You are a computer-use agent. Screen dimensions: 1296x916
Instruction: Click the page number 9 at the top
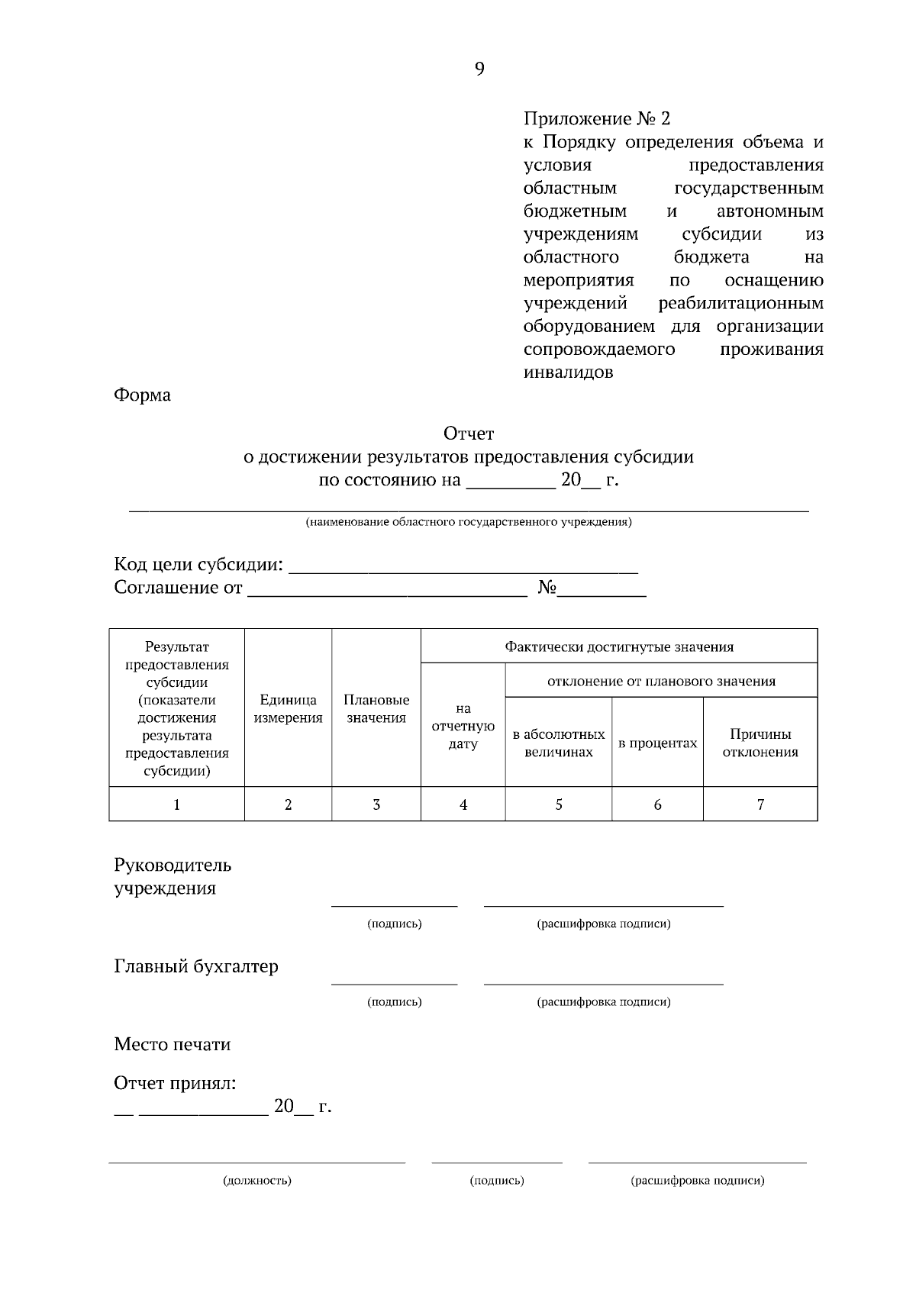coord(479,69)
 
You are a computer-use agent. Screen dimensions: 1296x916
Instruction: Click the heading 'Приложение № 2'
coord(596,119)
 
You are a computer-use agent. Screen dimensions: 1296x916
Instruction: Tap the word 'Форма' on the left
coord(142,395)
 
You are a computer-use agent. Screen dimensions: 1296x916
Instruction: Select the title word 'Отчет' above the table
coord(469,434)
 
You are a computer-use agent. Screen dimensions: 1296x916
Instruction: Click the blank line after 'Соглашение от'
coord(387,589)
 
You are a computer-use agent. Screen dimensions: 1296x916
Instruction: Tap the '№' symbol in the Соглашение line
coord(547,588)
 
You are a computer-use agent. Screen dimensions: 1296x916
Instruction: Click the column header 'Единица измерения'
coord(288,709)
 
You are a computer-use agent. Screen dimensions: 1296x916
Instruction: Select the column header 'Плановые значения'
coord(376,709)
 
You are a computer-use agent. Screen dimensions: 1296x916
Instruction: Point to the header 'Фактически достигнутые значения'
coord(619,647)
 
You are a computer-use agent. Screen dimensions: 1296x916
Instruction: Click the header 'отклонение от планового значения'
coord(661,682)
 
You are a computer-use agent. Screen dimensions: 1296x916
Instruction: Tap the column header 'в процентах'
coord(657,743)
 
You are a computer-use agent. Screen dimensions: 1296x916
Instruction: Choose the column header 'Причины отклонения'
coord(760,743)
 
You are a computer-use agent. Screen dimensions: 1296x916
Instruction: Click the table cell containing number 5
coord(559,804)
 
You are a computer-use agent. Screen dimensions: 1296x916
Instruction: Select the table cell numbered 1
coord(177,804)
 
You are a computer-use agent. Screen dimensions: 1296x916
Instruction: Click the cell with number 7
coord(760,804)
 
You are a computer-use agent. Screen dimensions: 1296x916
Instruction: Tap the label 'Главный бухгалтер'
coord(196,967)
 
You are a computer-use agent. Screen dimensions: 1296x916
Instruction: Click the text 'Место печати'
coord(172,1045)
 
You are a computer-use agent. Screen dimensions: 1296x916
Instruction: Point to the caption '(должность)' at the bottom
coord(257,1181)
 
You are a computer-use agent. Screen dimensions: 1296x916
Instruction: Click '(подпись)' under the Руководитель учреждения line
coord(394,924)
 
